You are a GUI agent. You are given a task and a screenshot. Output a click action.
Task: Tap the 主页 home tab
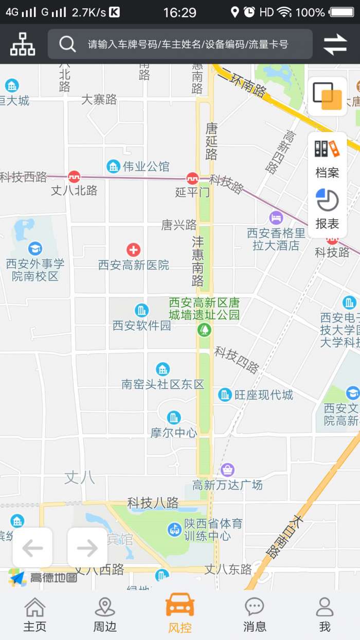[x=35, y=614]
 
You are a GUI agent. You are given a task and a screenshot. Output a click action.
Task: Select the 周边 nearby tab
[x=105, y=614]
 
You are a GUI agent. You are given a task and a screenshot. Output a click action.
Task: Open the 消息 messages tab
[x=255, y=614]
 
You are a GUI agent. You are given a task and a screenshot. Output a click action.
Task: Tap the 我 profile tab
[x=325, y=614]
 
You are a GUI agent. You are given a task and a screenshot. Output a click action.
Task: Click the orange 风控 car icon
[x=179, y=606]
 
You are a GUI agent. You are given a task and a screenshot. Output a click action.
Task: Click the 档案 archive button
[x=328, y=158]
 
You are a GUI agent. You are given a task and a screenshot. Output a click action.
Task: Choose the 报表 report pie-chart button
[x=328, y=209]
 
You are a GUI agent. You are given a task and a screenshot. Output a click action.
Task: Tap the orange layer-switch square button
[x=328, y=97]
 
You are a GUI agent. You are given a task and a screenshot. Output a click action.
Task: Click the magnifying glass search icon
[x=67, y=44]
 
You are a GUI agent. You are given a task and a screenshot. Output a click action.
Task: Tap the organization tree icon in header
[x=23, y=44]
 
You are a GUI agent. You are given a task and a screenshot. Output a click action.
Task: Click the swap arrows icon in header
[x=335, y=44]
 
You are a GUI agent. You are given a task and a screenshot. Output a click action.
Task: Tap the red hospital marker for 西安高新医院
[x=134, y=250]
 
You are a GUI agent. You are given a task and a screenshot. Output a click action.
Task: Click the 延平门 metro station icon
[x=193, y=179]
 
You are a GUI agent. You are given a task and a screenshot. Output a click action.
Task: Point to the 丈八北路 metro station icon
[x=74, y=177]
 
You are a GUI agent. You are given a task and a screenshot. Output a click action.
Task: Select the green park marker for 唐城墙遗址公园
[x=204, y=329]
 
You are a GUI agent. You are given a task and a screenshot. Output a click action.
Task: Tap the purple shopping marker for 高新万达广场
[x=227, y=470]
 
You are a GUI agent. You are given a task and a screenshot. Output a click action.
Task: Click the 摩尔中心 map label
[x=174, y=433]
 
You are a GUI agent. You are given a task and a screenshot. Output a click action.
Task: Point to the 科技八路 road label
[x=153, y=502]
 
